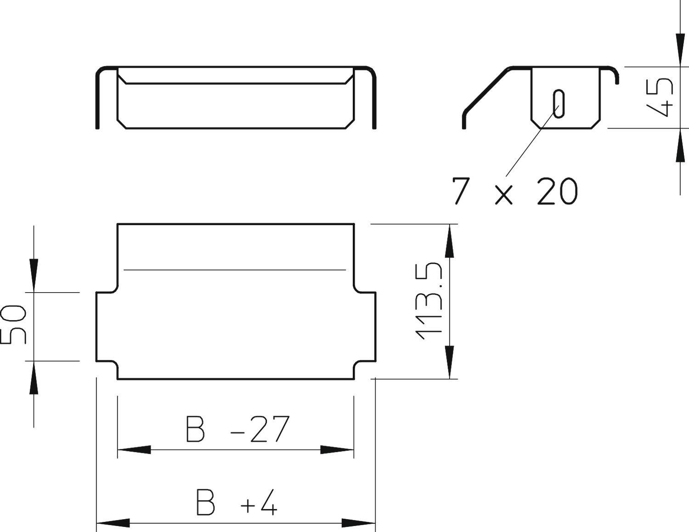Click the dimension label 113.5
(429, 302)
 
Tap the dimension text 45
(660, 97)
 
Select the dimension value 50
(14, 324)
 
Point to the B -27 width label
(237, 429)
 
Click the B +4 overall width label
(237, 503)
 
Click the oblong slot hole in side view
(559, 103)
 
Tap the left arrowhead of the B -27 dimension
(134, 450)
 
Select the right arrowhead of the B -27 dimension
(337, 450)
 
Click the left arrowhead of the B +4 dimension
(113, 523)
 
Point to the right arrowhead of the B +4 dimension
(359, 523)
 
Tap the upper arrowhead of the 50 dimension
(34, 275)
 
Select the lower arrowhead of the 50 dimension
(34, 378)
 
